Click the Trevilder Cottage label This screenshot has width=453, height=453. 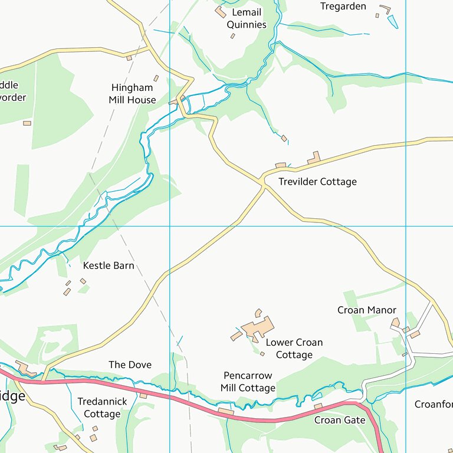317,182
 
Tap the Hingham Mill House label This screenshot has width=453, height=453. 132,94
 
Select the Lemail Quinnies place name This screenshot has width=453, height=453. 247,18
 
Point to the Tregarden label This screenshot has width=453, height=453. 343,6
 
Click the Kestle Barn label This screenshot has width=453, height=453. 109,266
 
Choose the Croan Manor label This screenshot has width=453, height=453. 366,310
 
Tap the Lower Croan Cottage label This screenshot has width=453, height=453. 294,349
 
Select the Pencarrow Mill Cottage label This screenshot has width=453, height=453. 248,382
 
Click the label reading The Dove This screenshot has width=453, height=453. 130,365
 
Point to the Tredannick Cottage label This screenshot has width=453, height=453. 102,408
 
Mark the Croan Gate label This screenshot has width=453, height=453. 339,421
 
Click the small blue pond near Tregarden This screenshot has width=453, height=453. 392,22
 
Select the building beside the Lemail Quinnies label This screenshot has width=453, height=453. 220,12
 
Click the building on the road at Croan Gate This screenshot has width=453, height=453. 318,406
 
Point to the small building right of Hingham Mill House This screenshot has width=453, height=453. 156,78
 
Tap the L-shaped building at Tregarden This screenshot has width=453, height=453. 386,9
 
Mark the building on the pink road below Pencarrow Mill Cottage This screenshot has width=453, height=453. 225,411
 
